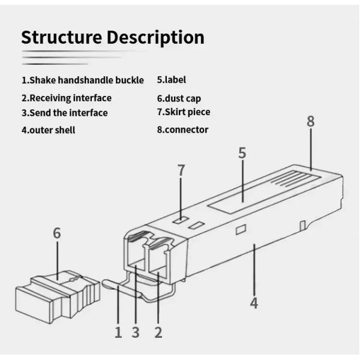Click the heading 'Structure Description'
pos(113,37)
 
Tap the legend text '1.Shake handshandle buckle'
pos(83,80)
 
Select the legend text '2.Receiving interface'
pos(67,98)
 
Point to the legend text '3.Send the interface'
pos(65,113)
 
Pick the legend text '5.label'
pos(172,79)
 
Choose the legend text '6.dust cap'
pos(179,98)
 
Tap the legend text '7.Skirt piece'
pos(184,112)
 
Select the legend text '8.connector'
pos(182,130)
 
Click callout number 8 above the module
pos(310,122)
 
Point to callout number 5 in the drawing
pos(242,153)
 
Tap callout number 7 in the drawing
pos(181,170)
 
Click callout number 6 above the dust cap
pos(57,233)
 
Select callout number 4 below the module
pos(254,303)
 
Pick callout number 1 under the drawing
pos(118,332)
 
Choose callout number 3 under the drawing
pos(136,332)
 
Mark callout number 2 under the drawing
pos(158,332)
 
